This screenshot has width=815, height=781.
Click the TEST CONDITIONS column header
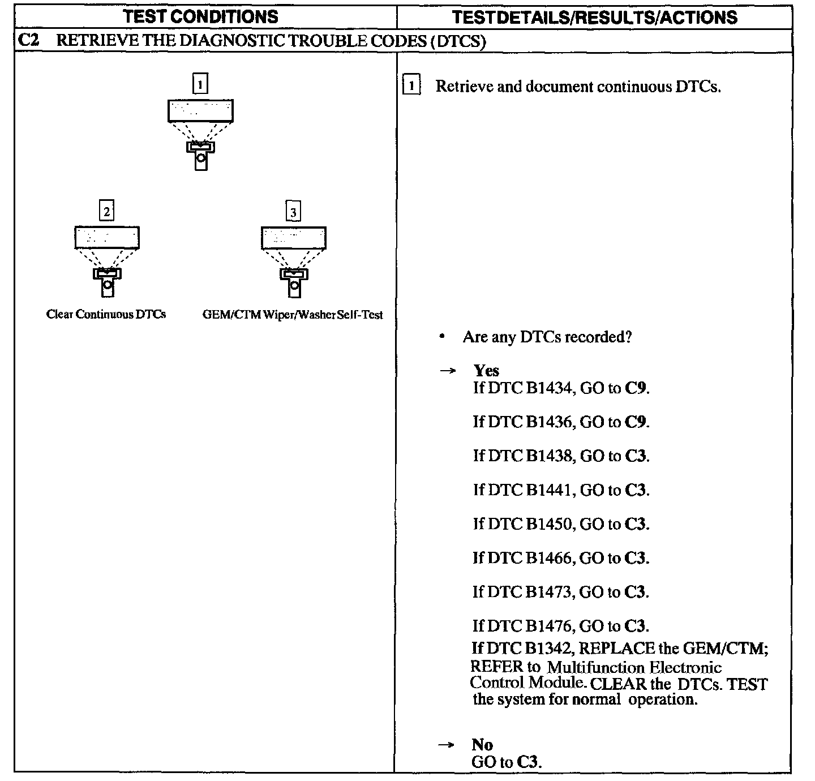[x=201, y=16]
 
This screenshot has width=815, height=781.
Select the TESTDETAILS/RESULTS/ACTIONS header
[x=595, y=17]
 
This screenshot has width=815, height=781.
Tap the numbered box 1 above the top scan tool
[x=200, y=84]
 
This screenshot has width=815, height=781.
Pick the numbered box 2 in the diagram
[x=106, y=212]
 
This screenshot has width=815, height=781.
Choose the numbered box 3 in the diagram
[x=293, y=212]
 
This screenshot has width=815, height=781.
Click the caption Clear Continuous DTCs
[x=106, y=314]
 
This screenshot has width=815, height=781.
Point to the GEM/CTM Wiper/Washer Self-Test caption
[x=293, y=315]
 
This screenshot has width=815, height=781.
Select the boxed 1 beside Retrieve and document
[x=411, y=86]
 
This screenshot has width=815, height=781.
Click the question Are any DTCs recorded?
[x=547, y=337]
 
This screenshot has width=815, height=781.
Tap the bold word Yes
[x=486, y=371]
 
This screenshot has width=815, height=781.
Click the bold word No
[x=482, y=744]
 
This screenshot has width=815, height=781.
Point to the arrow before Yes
[x=448, y=371]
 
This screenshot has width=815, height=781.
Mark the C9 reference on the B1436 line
[x=636, y=422]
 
